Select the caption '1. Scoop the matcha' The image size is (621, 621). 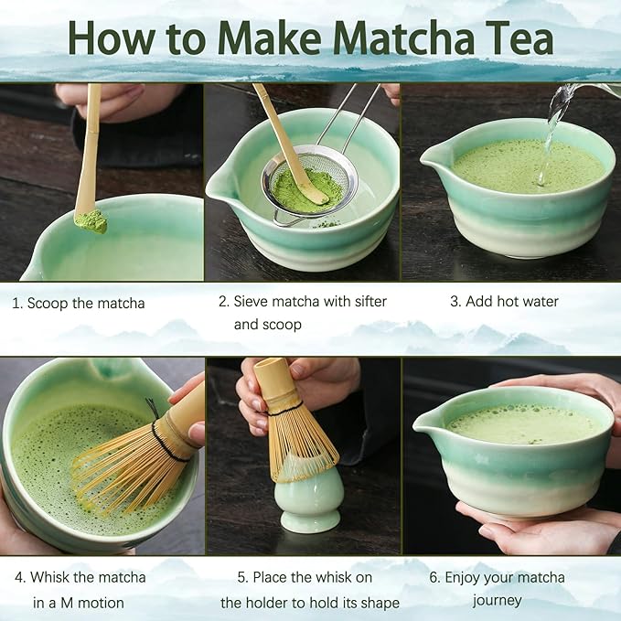tap(79, 303)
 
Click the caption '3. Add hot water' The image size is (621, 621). tap(504, 301)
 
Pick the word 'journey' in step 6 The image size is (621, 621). tap(497, 600)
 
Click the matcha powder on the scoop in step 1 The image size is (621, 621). tap(91, 221)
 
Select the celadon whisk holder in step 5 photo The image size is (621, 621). tap(308, 507)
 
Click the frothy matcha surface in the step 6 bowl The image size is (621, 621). tap(521, 423)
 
